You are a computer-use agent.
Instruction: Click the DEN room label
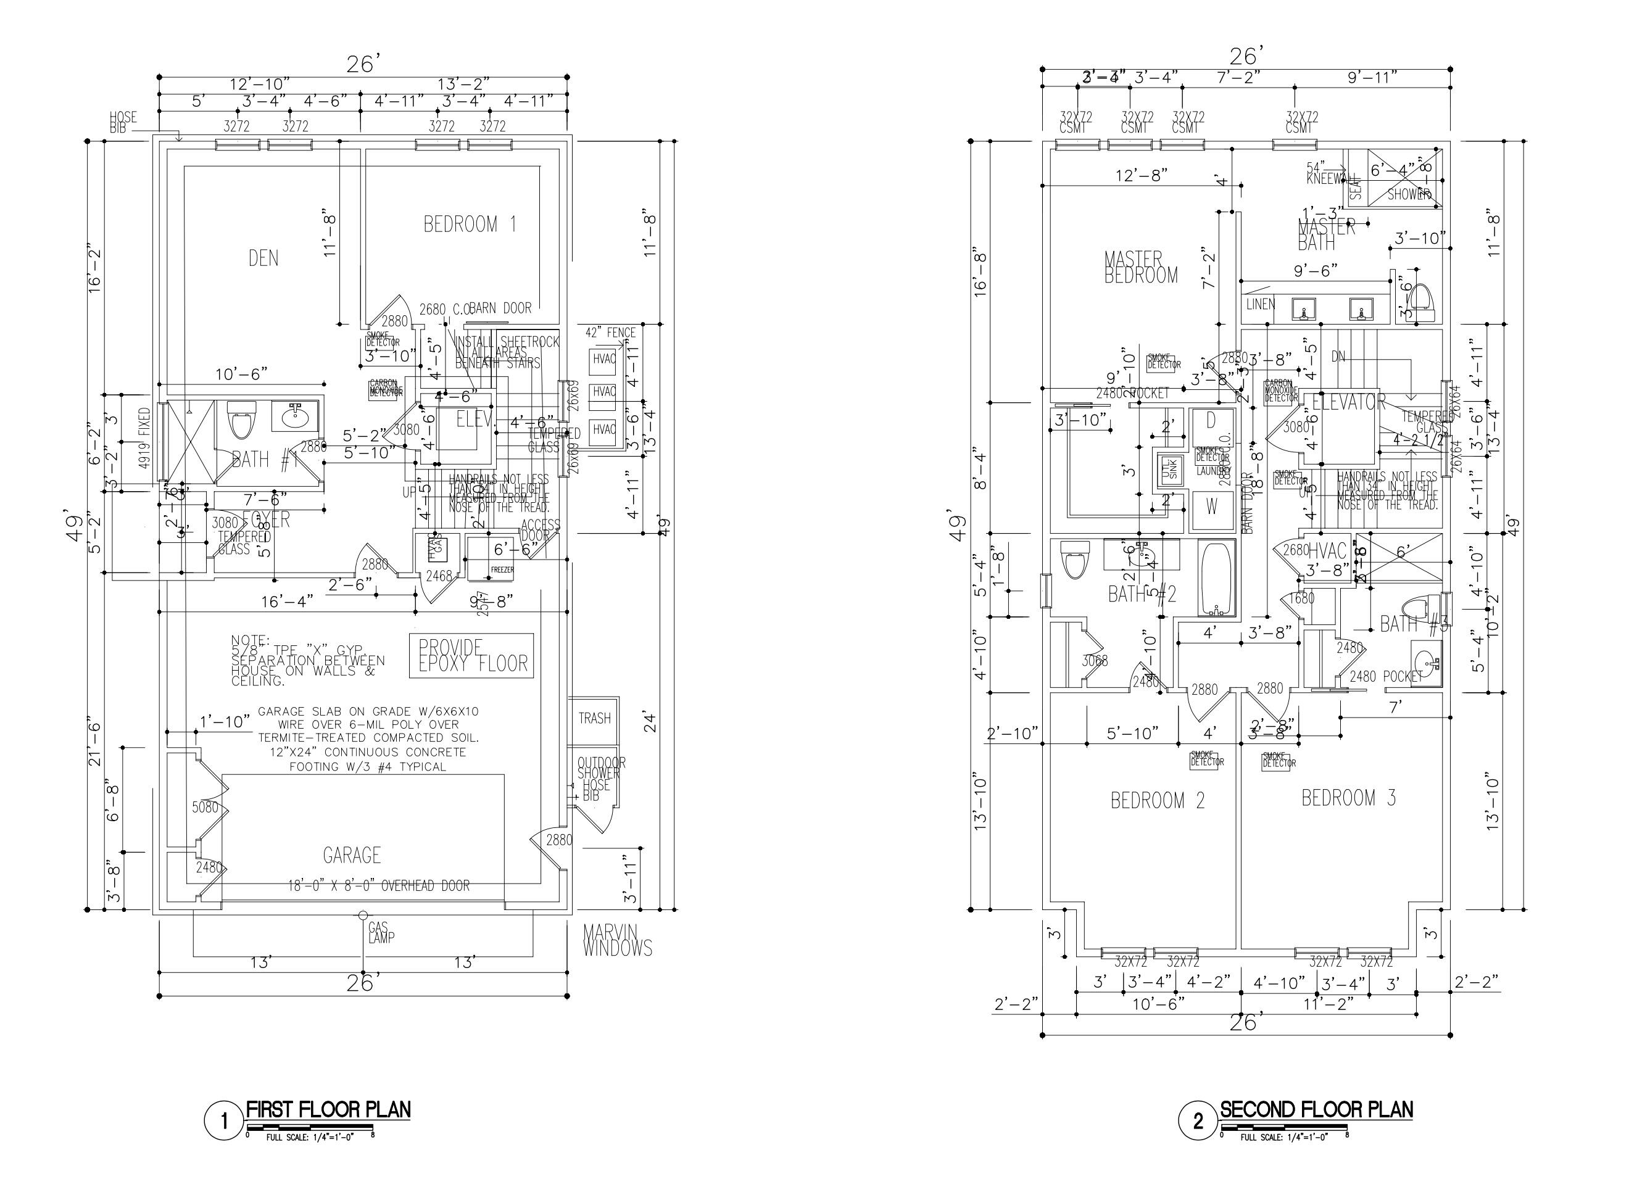(263, 259)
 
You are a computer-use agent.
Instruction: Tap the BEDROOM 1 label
(470, 225)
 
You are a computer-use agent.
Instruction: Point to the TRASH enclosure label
(594, 718)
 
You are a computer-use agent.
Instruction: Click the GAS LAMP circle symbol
(363, 916)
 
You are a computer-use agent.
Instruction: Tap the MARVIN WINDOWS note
(618, 941)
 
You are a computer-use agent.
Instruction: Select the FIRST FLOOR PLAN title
(328, 1109)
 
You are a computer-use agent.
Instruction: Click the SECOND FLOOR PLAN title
(1316, 1109)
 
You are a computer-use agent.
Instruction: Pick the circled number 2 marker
(1198, 1121)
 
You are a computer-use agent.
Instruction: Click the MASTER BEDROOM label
(1140, 267)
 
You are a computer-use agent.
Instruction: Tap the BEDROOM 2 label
(1157, 801)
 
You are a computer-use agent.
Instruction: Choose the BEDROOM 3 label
(1348, 798)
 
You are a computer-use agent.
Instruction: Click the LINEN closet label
(1261, 305)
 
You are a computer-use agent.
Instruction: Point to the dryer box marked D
(1211, 420)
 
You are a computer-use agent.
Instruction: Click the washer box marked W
(1211, 507)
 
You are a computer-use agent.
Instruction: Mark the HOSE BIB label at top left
(123, 123)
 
